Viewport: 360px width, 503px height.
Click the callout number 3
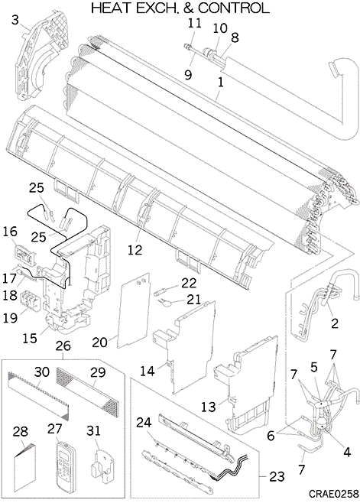click(x=15, y=20)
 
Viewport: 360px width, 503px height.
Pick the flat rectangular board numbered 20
click(x=134, y=310)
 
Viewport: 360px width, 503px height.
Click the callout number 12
click(x=135, y=249)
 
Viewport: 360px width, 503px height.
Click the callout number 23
click(x=277, y=477)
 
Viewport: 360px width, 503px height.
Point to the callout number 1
click(x=220, y=83)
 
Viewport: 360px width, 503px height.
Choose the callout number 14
click(x=148, y=371)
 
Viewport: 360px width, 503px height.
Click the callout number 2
click(x=334, y=323)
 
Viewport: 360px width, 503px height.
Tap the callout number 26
click(x=63, y=346)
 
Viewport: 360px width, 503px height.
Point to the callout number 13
click(x=208, y=407)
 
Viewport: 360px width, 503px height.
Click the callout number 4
click(x=347, y=452)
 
